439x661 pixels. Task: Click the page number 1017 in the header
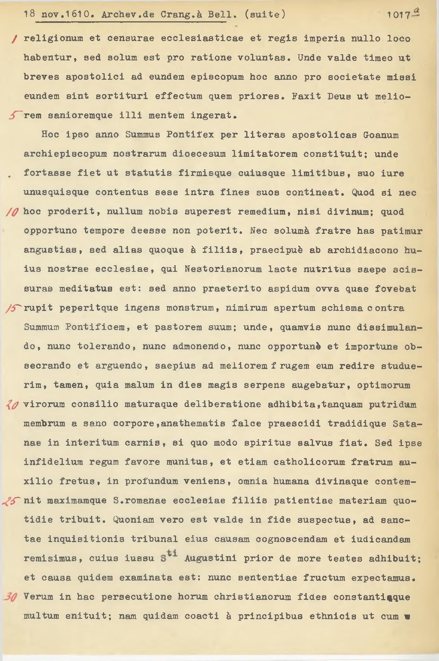point(399,15)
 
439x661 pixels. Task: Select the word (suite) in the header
point(265,15)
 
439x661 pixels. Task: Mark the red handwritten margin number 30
point(10,597)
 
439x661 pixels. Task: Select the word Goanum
point(381,135)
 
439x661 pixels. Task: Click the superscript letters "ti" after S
point(172,553)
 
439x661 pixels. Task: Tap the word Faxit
point(306,96)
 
